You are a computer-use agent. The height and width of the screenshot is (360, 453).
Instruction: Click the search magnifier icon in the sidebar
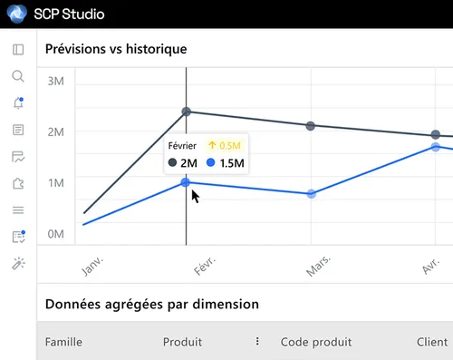pyautogui.click(x=18, y=76)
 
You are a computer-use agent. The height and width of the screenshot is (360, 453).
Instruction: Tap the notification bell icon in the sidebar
pyautogui.click(x=18, y=103)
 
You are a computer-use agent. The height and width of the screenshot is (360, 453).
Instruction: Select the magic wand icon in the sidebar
pyautogui.click(x=18, y=264)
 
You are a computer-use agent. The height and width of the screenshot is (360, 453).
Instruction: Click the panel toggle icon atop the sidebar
pyautogui.click(x=18, y=49)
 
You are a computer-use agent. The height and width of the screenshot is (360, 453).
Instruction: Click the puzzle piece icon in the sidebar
pyautogui.click(x=18, y=183)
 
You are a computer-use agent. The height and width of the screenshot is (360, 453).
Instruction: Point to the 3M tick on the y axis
pyautogui.click(x=55, y=82)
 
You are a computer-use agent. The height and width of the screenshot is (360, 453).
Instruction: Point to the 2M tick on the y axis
pyautogui.click(x=55, y=132)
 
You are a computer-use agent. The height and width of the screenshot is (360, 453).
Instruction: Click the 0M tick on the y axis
pyautogui.click(x=55, y=234)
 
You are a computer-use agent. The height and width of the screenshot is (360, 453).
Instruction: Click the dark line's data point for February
pyautogui.click(x=187, y=112)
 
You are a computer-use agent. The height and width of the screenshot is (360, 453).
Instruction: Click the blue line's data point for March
pyautogui.click(x=311, y=194)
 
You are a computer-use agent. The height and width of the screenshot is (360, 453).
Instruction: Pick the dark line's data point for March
pyautogui.click(x=311, y=126)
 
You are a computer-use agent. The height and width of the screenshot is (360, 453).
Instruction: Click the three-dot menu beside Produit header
pyautogui.click(x=257, y=342)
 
